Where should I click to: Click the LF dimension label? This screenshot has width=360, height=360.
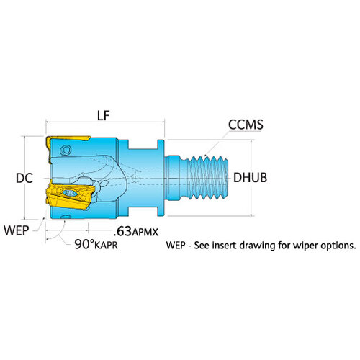[104, 116]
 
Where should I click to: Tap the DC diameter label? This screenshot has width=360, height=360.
[24, 178]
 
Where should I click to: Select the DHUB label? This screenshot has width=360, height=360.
[250, 178]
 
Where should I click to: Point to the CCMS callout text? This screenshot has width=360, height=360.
[246, 125]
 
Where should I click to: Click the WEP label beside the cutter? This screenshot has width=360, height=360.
[17, 230]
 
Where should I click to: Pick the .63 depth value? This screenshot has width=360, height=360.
[122, 231]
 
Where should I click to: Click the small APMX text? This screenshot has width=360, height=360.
[145, 233]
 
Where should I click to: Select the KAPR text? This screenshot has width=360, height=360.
[106, 246]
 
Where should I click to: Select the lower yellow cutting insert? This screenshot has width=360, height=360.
[70, 194]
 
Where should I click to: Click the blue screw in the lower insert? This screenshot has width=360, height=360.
[70, 193]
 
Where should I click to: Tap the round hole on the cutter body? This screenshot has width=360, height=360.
[66, 150]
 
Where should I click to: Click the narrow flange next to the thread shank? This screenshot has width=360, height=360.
[161, 178]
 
